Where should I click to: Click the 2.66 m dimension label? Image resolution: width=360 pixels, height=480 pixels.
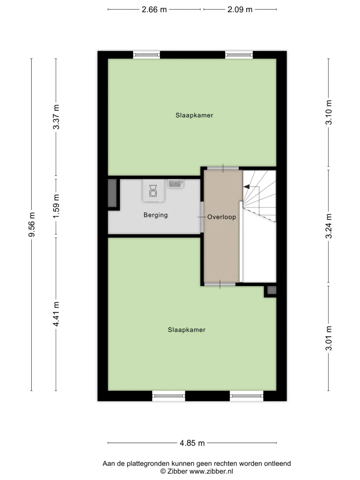click(x=154, y=10)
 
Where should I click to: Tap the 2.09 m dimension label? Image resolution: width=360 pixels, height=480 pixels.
click(x=240, y=10)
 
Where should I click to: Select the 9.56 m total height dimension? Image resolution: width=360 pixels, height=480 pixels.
click(x=32, y=224)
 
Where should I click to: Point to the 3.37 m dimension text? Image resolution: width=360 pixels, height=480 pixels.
click(x=56, y=117)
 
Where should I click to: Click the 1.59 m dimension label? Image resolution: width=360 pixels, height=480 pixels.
click(x=56, y=206)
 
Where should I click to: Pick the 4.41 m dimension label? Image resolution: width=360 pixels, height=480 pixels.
click(x=56, y=314)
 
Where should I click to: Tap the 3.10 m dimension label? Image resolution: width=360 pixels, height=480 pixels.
click(x=328, y=113)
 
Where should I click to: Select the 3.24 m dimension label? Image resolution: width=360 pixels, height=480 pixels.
click(x=328, y=226)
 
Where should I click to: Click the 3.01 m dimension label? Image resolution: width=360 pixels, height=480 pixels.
click(x=328, y=338)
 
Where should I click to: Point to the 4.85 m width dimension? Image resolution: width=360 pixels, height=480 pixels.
click(x=192, y=443)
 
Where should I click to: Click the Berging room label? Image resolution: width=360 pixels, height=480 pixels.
click(x=156, y=215)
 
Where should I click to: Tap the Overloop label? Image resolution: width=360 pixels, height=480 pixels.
click(x=222, y=217)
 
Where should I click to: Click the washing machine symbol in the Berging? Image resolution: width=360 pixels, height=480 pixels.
click(x=153, y=191)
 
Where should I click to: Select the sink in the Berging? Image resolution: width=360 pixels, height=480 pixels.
click(x=175, y=184)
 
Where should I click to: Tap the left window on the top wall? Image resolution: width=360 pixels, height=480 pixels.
click(x=147, y=55)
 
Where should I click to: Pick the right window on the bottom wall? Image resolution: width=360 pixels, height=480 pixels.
click(x=247, y=396)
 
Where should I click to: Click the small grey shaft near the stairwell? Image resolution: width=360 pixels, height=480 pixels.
click(x=272, y=290)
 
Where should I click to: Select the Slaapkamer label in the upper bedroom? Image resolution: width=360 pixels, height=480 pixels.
click(x=194, y=116)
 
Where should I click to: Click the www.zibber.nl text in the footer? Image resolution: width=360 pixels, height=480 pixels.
click(x=211, y=471)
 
